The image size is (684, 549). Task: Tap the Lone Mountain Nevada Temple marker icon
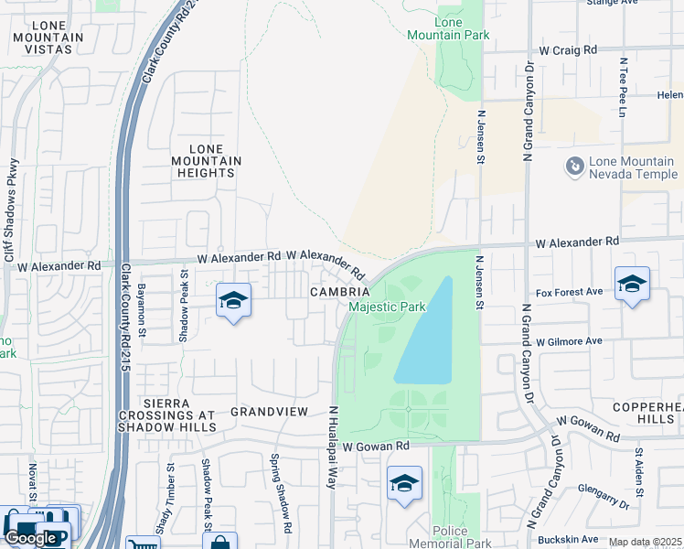click(575, 167)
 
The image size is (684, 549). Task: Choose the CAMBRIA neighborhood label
click(339, 291)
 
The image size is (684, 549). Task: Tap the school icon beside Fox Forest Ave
click(632, 285)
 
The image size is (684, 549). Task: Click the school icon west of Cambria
click(233, 301)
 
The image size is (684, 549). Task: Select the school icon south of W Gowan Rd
click(404, 484)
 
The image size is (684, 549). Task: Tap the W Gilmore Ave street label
click(569, 341)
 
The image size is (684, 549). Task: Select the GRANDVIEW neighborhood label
click(269, 412)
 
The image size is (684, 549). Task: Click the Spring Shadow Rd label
click(280, 494)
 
